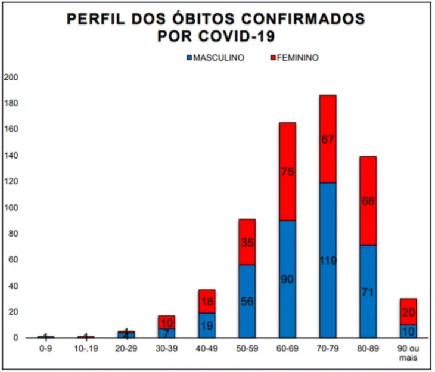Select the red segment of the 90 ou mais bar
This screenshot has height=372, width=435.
[408, 312]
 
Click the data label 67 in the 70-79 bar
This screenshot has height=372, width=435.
[328, 139]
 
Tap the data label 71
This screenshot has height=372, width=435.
[368, 292]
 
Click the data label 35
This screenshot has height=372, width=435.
[247, 243]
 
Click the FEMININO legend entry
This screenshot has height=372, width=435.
[294, 58]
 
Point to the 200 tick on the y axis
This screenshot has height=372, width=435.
[11, 77]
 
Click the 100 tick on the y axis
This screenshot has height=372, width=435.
[11, 207]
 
